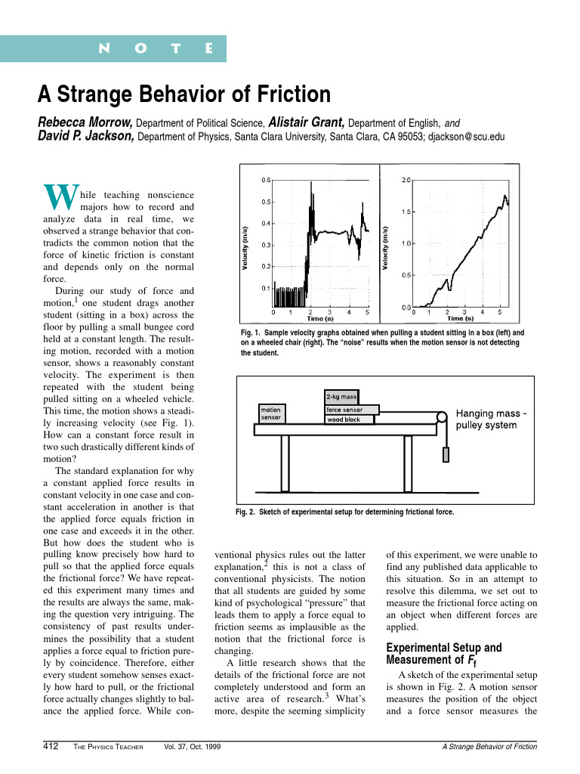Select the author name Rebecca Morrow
point(85,122)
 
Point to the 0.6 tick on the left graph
point(266,180)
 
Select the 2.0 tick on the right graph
point(407,181)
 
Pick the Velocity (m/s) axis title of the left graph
point(245,249)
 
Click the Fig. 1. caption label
point(251,333)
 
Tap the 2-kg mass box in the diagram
point(341,396)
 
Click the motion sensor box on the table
point(271,413)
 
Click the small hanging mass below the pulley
point(446,455)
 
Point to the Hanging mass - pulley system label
point(492,420)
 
